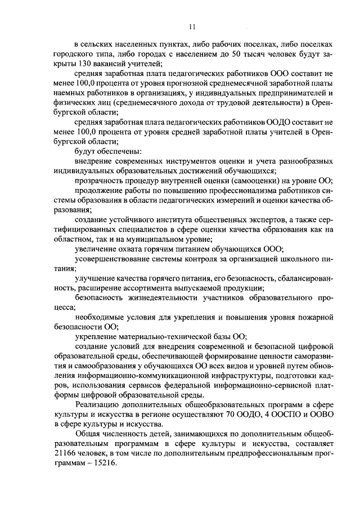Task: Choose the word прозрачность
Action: pos(99,181)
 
